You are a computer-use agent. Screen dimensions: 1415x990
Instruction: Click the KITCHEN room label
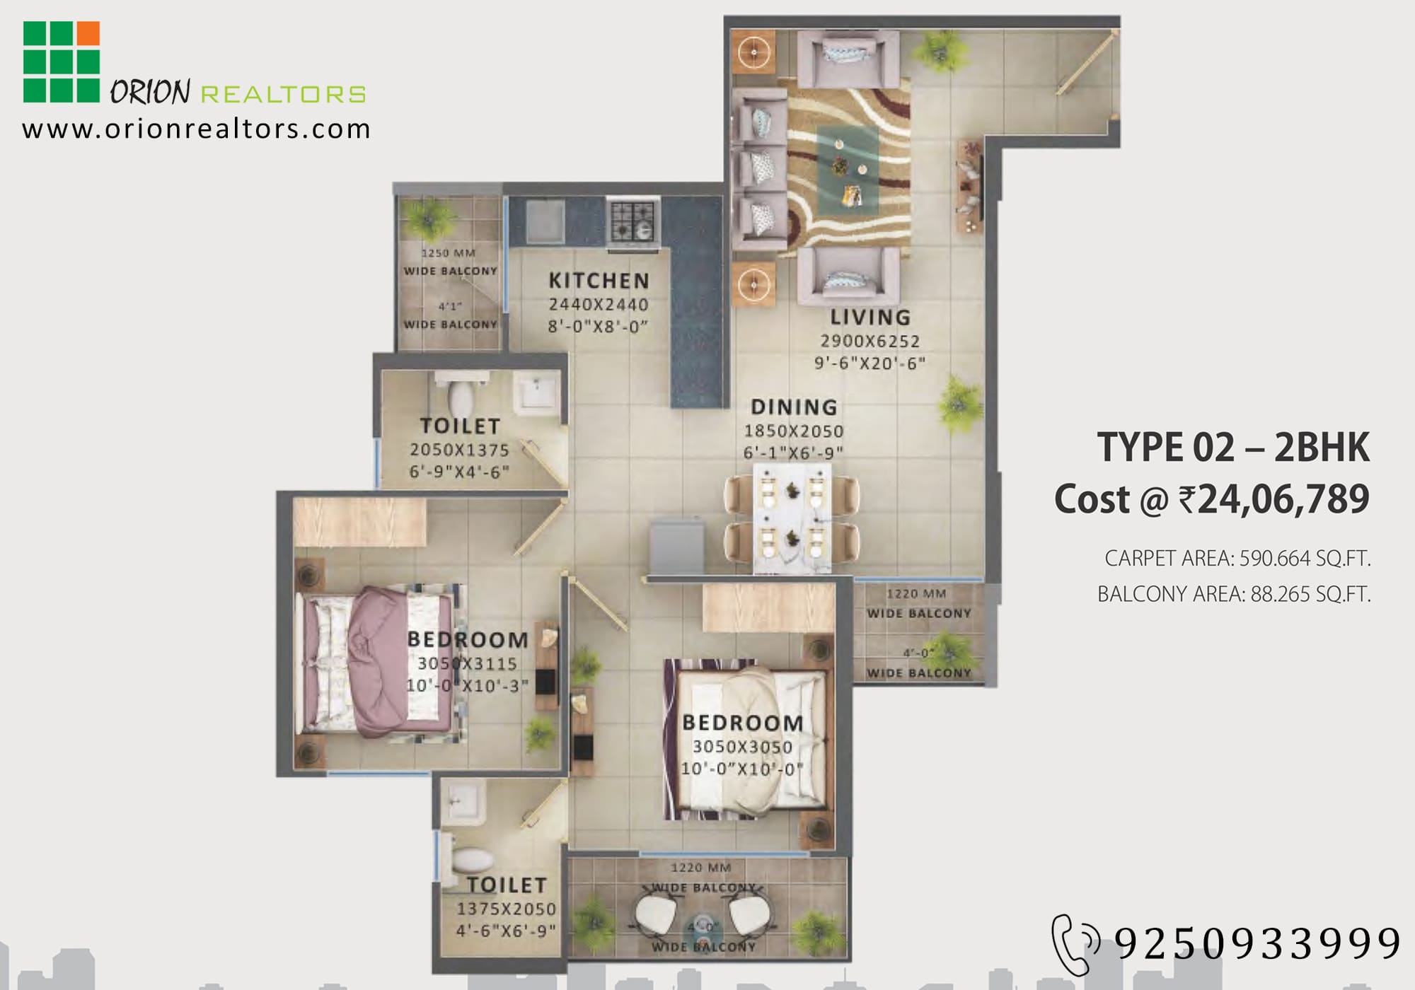(x=599, y=281)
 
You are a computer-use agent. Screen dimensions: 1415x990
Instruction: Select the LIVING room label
(x=870, y=318)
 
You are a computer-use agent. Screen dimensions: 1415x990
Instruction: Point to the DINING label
(x=794, y=407)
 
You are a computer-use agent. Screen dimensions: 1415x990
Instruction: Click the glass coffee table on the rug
(x=848, y=170)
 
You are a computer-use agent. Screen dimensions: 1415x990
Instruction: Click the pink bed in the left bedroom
(x=379, y=663)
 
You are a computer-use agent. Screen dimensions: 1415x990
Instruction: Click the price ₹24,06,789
(x=1273, y=499)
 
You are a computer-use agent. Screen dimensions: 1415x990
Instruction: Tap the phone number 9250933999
(x=1257, y=943)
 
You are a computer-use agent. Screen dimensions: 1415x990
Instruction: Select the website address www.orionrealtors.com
(x=196, y=129)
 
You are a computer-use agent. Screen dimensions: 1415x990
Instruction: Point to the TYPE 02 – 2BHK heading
(x=1233, y=447)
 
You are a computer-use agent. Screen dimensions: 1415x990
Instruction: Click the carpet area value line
(x=1237, y=559)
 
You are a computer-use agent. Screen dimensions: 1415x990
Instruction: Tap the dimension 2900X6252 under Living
(x=870, y=341)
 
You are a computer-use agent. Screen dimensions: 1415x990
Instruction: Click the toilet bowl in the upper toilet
(x=461, y=397)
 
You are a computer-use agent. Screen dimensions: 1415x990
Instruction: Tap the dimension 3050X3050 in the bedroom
(x=742, y=747)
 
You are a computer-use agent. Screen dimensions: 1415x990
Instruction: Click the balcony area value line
(x=1234, y=594)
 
